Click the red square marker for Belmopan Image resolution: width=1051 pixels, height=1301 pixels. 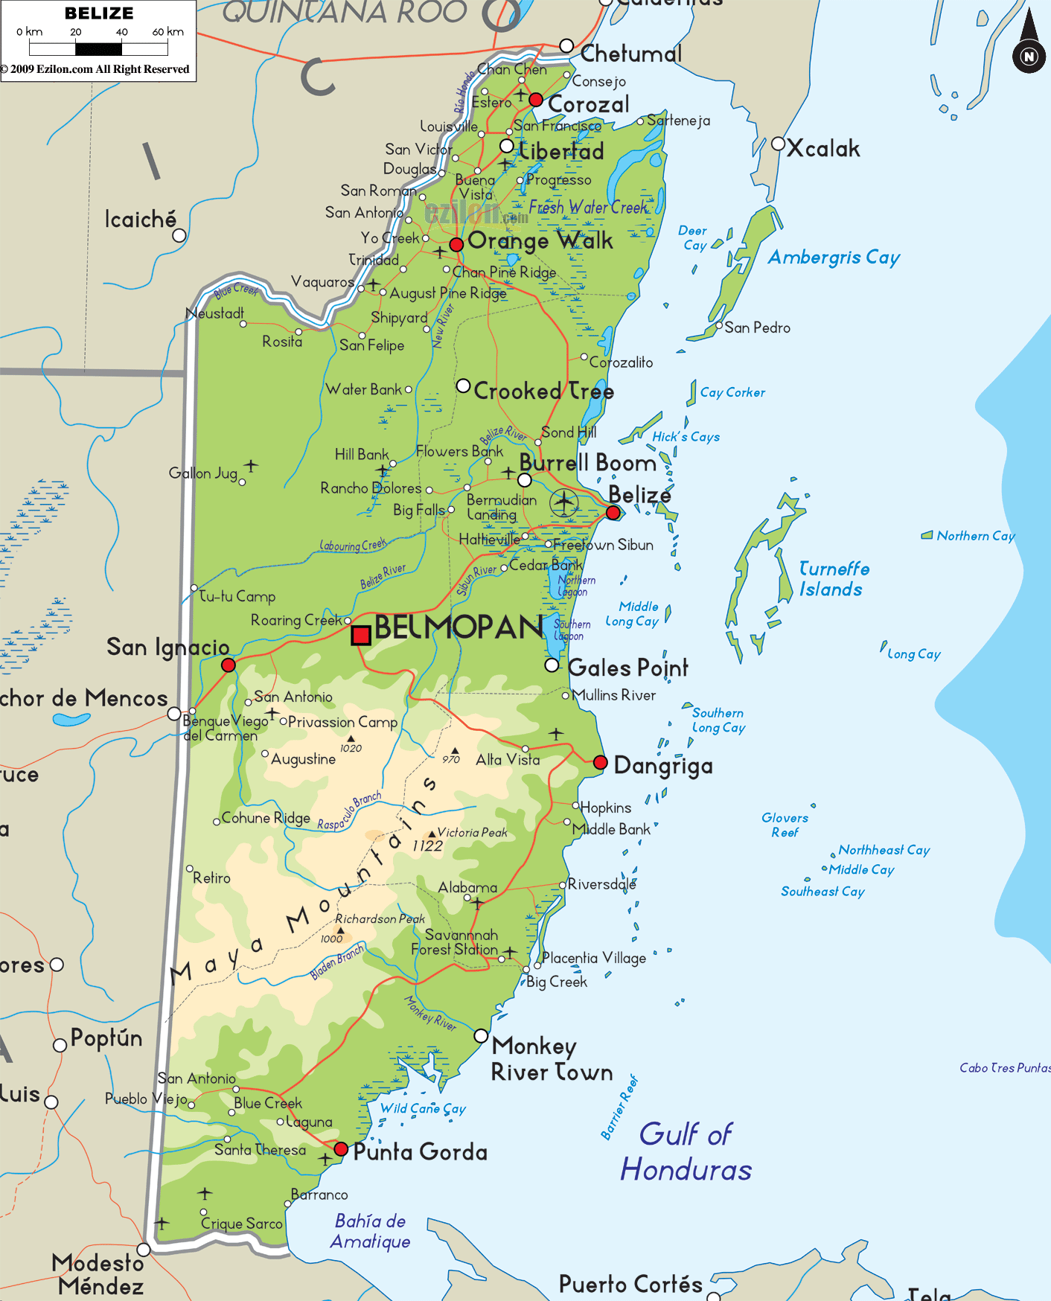tap(361, 635)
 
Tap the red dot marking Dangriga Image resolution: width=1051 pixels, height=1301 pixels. tap(601, 762)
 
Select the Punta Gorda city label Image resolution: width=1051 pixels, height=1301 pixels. tap(420, 1152)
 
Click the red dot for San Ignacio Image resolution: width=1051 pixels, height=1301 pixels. tap(229, 665)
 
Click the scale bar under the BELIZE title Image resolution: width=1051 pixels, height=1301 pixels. tap(98, 49)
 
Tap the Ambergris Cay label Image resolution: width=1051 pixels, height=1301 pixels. tap(834, 258)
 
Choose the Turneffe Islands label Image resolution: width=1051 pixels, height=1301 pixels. tap(833, 579)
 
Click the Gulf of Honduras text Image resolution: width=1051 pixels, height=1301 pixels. tap(686, 1151)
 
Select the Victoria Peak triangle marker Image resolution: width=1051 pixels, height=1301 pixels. tap(432, 834)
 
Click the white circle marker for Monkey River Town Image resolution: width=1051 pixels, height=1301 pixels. tap(481, 1036)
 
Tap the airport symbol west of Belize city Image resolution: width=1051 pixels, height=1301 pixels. tap(564, 503)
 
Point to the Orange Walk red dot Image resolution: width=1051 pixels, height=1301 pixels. tap(456, 244)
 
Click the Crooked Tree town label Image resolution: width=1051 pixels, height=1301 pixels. tap(543, 391)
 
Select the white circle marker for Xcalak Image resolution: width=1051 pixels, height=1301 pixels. tap(779, 144)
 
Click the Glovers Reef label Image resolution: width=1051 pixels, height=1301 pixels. tap(785, 825)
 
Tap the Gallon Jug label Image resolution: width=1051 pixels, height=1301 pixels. tap(202, 473)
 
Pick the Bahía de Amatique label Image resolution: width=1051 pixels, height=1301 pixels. tap(370, 1231)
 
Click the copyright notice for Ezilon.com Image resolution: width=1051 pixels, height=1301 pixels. tap(95, 69)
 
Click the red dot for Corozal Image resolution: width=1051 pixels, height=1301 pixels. tap(536, 100)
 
